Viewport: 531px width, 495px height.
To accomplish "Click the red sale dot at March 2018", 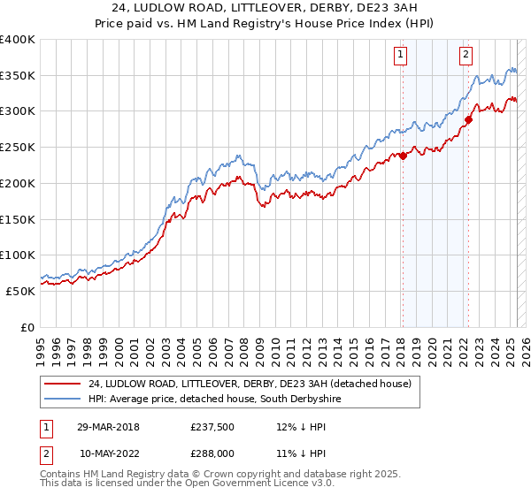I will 403,156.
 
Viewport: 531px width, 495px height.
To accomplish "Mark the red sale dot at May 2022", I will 468,120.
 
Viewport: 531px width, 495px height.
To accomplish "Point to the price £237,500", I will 211,427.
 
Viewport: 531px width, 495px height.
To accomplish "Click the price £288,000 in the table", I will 211,452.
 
